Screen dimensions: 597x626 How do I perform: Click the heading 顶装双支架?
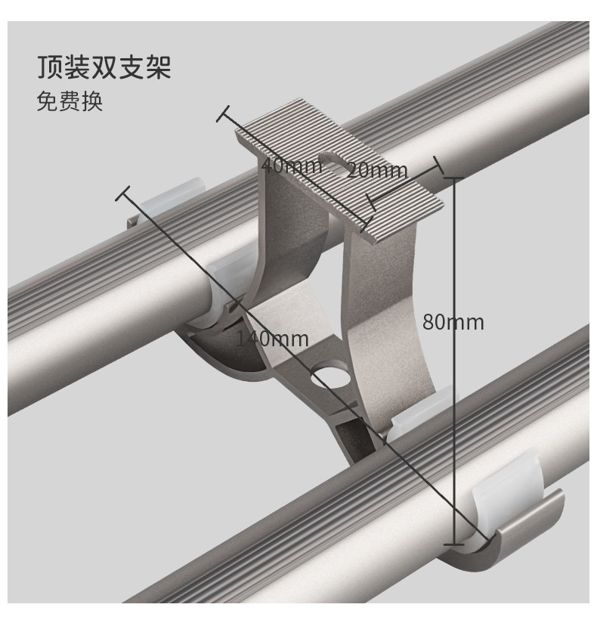[x=104, y=67]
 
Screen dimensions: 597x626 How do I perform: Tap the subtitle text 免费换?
[x=70, y=101]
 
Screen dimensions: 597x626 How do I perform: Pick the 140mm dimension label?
[x=272, y=339]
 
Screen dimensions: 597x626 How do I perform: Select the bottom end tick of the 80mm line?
[x=453, y=543]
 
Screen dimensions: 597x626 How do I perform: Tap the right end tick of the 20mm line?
[x=437, y=163]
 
